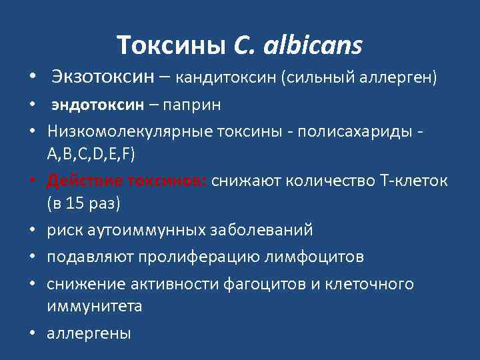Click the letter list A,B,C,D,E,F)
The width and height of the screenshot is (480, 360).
pyautogui.click(x=91, y=155)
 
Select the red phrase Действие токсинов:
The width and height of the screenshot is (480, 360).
pyautogui.click(x=126, y=180)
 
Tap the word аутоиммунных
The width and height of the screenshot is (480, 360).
pyautogui.click(x=141, y=230)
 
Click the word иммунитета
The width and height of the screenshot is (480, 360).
pyautogui.click(x=94, y=307)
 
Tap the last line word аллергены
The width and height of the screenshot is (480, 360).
pyautogui.click(x=89, y=333)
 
